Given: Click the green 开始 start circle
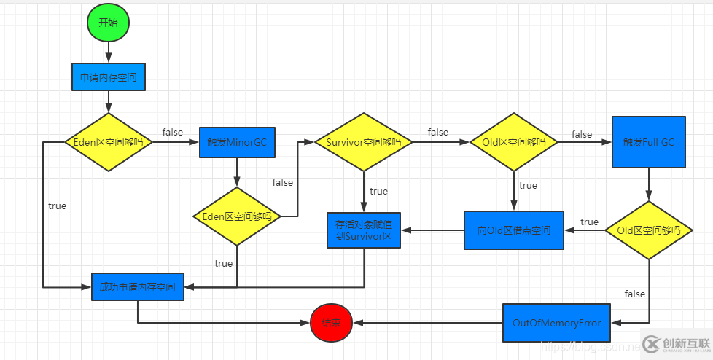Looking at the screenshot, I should tap(108, 23).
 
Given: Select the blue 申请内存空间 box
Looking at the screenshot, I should tap(108, 76).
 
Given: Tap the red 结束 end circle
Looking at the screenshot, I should tap(331, 321).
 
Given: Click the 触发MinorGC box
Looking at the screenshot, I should tap(237, 141).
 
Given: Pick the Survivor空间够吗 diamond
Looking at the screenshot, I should tap(364, 142).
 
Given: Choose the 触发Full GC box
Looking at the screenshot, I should tap(648, 142).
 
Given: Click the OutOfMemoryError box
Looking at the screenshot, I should tap(556, 322).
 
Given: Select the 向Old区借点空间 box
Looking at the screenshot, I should tap(514, 230).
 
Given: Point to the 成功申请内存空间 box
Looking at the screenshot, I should tap(138, 287).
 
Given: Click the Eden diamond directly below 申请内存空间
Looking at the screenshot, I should tap(109, 142).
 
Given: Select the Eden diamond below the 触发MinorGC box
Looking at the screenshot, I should tap(236, 216).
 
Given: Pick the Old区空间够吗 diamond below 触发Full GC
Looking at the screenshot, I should tap(648, 230).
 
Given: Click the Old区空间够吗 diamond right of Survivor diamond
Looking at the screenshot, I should tap(514, 142).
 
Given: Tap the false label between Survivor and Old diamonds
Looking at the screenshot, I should tap(438, 132).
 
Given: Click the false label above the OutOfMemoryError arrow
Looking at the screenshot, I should tap(635, 294).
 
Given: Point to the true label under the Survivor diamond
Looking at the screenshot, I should tap(378, 191).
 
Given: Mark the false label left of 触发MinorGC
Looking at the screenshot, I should tap(173, 132).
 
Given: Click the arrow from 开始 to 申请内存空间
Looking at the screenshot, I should tap(108, 52).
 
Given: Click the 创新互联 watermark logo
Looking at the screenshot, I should tap(674, 343).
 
